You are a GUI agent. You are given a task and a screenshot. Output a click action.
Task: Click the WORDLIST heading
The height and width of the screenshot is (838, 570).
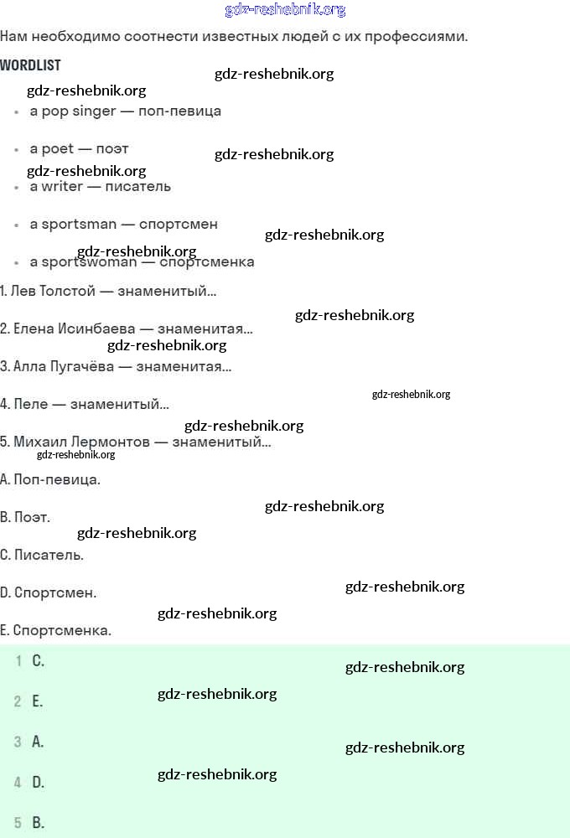30,65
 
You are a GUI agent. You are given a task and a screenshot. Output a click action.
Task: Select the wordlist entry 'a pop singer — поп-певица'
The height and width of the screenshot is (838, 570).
125,111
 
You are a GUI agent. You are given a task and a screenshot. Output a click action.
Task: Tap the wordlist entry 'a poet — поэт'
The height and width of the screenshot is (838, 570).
79,148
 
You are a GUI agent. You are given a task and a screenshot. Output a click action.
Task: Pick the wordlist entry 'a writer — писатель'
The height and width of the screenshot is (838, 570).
100,186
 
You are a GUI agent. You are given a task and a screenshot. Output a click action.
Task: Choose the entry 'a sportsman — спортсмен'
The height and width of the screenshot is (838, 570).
123,224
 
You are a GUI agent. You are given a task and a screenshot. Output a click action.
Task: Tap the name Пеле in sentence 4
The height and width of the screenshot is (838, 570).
28,404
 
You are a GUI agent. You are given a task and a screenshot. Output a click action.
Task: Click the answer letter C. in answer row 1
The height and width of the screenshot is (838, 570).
38,661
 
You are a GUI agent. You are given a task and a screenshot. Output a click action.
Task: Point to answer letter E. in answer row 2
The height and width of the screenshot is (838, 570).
37,701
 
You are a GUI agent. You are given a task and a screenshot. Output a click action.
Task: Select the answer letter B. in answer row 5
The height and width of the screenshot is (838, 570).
38,823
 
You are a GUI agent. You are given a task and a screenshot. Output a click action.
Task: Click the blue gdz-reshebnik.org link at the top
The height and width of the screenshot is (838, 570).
285,10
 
